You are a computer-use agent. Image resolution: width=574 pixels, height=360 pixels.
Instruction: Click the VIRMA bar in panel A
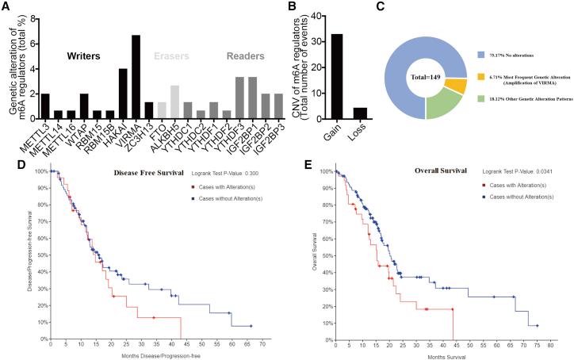(136, 75)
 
